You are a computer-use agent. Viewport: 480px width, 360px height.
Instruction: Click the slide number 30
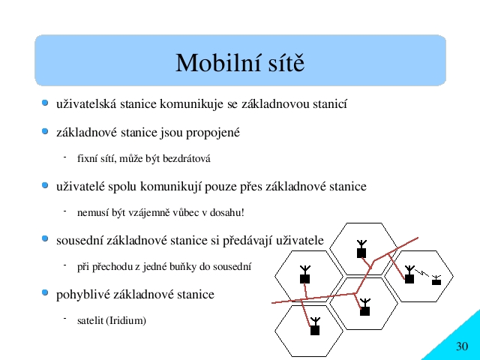click(x=462, y=346)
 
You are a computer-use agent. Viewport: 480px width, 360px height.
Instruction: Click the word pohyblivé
click(x=83, y=295)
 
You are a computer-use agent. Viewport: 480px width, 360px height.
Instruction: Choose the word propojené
click(x=213, y=133)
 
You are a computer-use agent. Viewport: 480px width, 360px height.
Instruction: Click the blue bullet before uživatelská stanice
click(x=45, y=103)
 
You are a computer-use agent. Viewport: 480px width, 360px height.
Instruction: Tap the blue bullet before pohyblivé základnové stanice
click(x=45, y=293)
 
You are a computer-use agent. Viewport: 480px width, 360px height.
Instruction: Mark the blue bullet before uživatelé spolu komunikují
click(x=45, y=185)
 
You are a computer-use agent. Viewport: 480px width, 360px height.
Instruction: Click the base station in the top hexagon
click(x=361, y=249)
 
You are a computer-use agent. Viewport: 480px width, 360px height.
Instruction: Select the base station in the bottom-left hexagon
click(x=315, y=326)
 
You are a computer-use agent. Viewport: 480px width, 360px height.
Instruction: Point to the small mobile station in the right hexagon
click(x=436, y=280)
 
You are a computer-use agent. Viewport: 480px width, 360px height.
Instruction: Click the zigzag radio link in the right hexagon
click(x=421, y=272)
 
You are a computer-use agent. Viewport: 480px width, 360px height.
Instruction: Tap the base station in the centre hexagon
click(x=365, y=307)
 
